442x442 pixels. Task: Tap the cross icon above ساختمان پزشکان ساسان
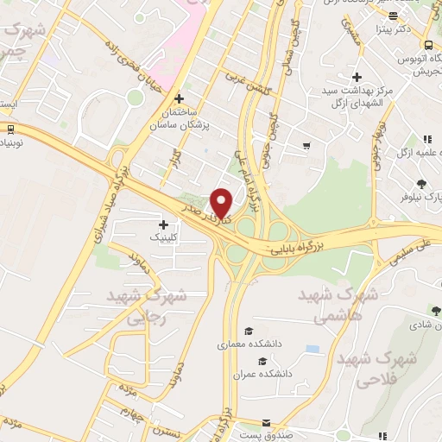pos(180,98)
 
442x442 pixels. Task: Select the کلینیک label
pos(167,236)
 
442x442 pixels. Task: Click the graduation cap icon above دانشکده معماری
pos(249,331)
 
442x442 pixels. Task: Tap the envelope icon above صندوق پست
pos(267,424)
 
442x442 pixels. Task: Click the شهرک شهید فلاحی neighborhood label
pos(378,367)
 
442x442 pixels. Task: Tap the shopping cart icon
pos(306,145)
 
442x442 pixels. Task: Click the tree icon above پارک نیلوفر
pos(421,183)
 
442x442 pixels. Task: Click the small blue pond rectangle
pos(312,349)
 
